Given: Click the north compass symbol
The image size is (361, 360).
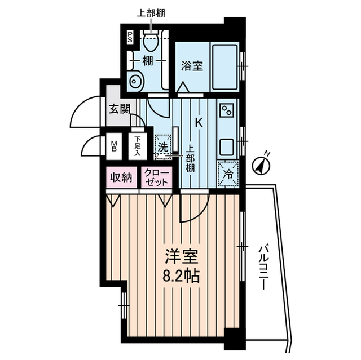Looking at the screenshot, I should click(261, 165).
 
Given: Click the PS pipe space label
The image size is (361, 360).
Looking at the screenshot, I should click(130, 38).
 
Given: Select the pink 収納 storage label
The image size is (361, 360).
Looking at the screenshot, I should click(120, 179).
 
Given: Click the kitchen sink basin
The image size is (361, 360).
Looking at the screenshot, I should click(228, 148).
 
